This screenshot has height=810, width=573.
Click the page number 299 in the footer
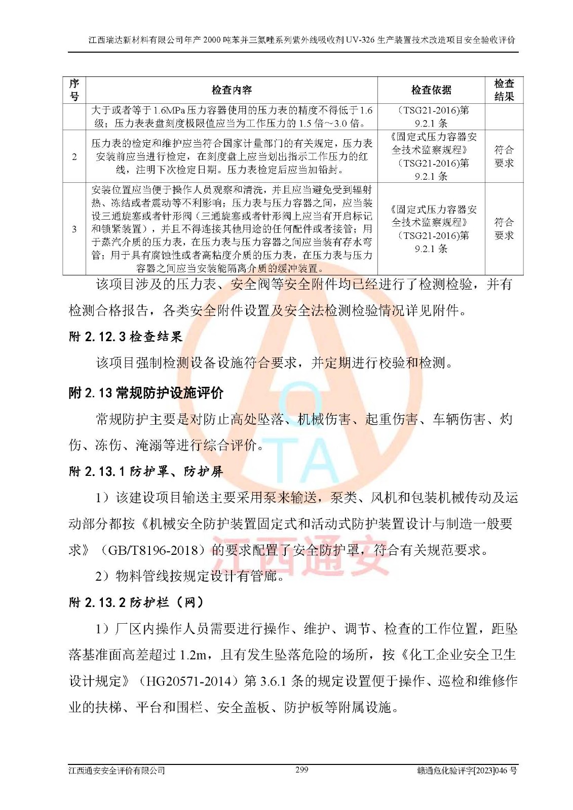[x=301, y=769]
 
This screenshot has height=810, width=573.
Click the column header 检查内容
[x=232, y=90]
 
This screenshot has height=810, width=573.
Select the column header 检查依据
[x=431, y=90]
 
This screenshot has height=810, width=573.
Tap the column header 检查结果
[x=504, y=90]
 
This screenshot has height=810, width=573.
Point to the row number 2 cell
[x=74, y=156]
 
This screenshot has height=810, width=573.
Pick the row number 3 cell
[x=74, y=229]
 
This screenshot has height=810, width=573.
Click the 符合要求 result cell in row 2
[x=504, y=156]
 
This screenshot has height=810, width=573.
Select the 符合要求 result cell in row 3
[x=504, y=229]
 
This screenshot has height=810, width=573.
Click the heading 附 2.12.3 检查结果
[x=125, y=337]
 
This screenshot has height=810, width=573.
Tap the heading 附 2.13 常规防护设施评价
[x=146, y=393]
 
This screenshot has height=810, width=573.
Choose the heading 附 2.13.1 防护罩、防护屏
[x=146, y=471]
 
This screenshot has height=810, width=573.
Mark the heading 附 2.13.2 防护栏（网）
[x=136, y=602]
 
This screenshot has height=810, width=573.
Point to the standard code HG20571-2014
[x=188, y=681]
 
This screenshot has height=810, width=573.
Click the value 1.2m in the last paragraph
[x=193, y=655]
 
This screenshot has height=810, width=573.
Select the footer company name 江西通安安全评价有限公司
[x=117, y=771]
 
